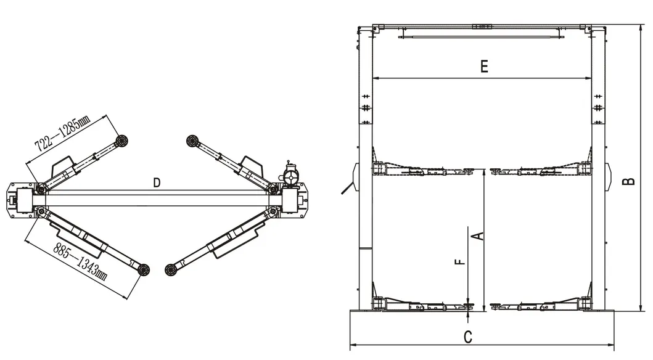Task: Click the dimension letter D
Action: click(157, 182)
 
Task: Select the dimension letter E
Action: click(484, 66)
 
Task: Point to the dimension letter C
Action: click(468, 337)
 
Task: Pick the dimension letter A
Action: click(479, 236)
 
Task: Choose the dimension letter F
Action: click(460, 262)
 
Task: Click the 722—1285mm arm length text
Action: click(62, 133)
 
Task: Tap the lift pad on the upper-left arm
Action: click(122, 141)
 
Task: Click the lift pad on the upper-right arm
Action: click(192, 141)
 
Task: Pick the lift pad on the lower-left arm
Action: click(144, 269)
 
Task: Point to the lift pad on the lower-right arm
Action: click(170, 270)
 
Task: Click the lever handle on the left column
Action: click(347, 188)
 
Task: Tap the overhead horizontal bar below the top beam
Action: click(482, 37)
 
